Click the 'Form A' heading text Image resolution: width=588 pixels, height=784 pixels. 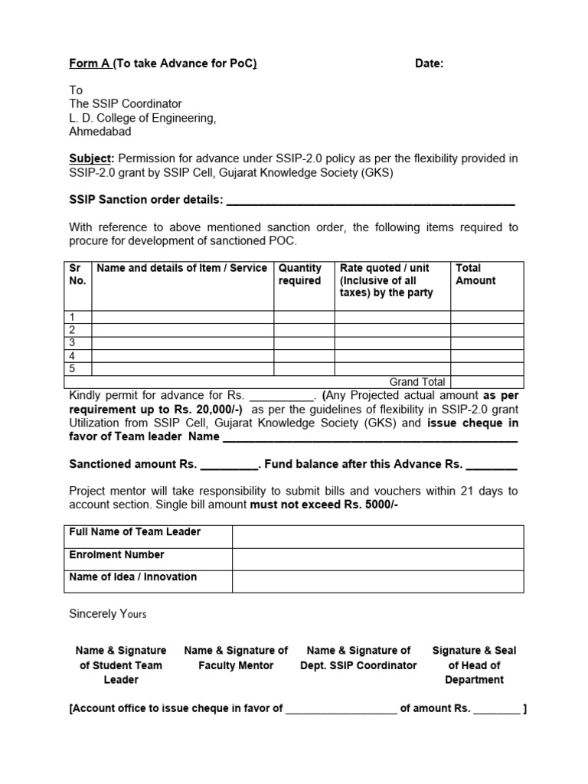point(90,64)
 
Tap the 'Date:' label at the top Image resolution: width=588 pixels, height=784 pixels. point(429,64)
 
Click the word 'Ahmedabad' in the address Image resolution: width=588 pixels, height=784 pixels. point(100,131)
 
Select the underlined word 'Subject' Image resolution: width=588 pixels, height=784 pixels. point(90,158)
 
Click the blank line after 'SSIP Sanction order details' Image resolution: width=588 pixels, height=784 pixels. point(371,201)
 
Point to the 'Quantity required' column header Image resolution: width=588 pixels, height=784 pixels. point(299,274)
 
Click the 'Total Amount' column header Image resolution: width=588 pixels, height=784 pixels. point(475,274)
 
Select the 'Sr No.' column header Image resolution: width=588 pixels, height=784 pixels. point(77,274)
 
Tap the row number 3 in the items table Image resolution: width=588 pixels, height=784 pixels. point(73,343)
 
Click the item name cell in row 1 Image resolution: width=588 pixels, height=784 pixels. point(182,317)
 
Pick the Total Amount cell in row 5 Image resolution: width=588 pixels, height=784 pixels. point(486,369)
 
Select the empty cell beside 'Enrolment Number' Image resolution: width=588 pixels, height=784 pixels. point(377,559)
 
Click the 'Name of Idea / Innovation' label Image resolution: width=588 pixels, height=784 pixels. point(133,577)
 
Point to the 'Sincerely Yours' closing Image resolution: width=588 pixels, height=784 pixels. point(108,613)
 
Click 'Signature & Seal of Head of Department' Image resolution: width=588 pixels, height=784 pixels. point(474,665)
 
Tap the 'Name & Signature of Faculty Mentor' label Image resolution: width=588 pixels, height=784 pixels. point(236,658)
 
